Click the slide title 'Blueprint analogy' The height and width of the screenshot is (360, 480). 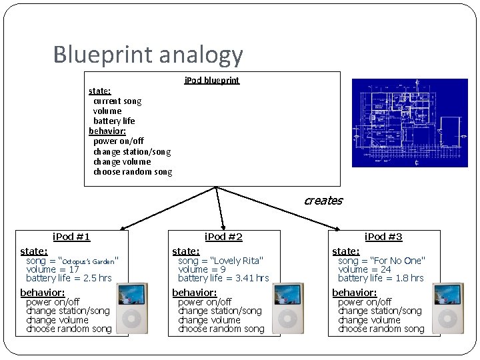click(148, 55)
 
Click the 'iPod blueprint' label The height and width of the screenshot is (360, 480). click(211, 81)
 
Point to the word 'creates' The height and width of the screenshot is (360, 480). click(323, 201)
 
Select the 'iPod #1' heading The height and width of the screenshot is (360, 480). click(71, 237)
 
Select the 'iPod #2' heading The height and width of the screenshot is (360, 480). click(223, 237)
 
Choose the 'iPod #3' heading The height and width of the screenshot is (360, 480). click(383, 237)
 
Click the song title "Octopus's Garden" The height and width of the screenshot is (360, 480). click(89, 261)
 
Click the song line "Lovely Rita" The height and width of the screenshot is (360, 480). click(221, 261)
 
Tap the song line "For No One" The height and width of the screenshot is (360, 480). click(381, 261)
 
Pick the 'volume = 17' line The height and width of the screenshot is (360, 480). click(53, 269)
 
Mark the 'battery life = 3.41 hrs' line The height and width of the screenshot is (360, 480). click(223, 278)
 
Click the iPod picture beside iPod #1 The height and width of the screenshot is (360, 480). click(132, 309)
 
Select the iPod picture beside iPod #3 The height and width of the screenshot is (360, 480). click(447, 309)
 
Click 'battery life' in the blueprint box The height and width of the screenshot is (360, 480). click(114, 121)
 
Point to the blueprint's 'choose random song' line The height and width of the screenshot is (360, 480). click(133, 172)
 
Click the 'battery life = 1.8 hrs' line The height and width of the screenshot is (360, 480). click(381, 278)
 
